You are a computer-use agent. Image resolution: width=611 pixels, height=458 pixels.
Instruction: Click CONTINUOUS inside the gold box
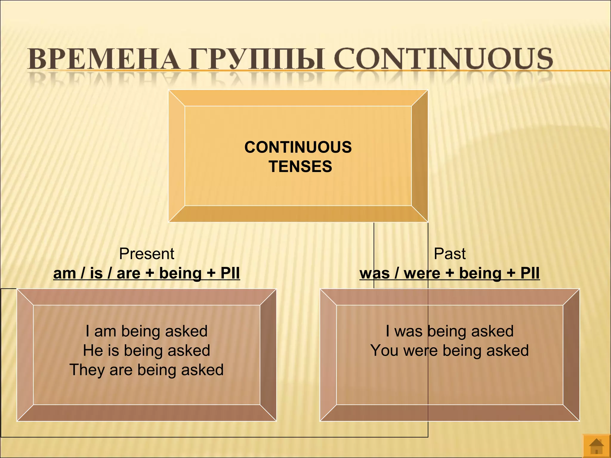pos(298,147)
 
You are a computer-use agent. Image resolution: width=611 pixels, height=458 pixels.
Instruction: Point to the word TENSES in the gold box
pos(300,166)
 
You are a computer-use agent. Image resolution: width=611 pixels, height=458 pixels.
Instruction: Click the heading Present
pos(146,254)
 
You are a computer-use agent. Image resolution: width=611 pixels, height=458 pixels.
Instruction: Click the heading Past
pos(450,254)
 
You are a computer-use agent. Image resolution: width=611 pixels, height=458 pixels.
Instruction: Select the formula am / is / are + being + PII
pos(146,273)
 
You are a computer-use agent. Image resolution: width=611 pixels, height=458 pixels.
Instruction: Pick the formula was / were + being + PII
pos(450,273)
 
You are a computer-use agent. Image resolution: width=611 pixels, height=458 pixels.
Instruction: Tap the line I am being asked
pos(146,331)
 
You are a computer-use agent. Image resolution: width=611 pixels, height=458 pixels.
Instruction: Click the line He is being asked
pos(146,350)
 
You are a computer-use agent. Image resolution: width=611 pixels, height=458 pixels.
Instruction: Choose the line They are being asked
pos(146,370)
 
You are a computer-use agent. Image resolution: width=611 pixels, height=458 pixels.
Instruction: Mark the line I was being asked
pos(450,331)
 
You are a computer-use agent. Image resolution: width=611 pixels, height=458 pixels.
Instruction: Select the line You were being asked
pos(450,350)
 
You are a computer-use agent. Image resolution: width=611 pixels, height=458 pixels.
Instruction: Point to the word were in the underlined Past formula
pos(422,273)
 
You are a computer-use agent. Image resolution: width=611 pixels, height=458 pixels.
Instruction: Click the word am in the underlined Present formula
pos(64,273)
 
